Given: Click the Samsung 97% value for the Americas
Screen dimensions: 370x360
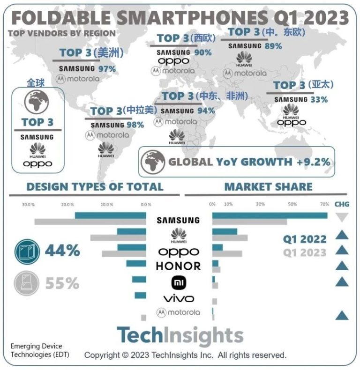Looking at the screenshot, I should pos(106,69).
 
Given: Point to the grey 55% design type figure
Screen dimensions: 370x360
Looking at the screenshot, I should pos(62,283).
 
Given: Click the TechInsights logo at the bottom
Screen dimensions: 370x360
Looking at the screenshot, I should pos(180,335).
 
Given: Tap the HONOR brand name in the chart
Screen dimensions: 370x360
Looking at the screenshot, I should pos(178,266).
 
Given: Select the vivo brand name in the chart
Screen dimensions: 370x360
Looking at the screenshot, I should pos(178,298).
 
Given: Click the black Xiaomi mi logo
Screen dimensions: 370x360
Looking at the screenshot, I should pos(178,282).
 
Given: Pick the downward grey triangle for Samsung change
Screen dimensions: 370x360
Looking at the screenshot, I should pos(342,217).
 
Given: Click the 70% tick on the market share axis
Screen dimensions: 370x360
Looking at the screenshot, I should pos(324,204).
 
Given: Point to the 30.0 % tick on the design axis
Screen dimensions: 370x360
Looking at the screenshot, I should pos(29,205).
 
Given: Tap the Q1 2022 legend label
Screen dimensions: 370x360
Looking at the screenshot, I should pos(304,239).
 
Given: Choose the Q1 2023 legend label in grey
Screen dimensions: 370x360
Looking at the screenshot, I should pos(304,252).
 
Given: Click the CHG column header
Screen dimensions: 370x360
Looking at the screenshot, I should pos(342,204).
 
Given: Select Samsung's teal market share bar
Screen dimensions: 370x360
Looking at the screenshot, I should pos(270,215).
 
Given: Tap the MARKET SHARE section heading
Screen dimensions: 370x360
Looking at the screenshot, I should pos(268,186).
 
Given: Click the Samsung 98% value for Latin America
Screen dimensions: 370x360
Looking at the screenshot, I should pos(135,125).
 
